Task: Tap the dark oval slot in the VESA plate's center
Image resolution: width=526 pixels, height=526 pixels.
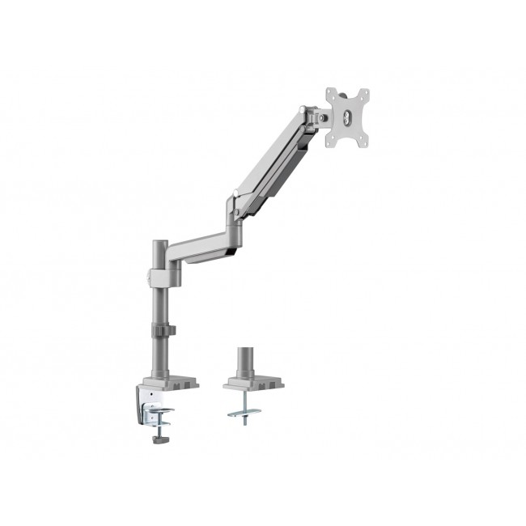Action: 349,118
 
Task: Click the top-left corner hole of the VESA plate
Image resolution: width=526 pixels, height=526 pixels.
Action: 331,93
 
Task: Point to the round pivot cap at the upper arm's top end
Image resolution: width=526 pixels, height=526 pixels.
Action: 303,110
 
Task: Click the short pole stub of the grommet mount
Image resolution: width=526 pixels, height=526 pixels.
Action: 244,360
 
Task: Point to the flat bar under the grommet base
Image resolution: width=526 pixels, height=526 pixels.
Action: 246,413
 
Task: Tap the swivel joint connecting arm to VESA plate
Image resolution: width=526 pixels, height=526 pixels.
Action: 323,118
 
